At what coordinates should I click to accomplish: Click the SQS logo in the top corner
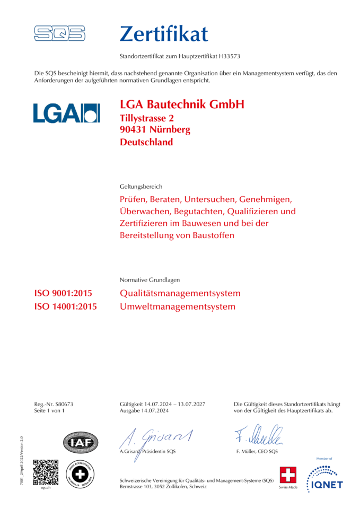coord(59,34)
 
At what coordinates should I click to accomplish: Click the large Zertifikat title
coord(164,33)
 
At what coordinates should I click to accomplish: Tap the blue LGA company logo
coord(66,112)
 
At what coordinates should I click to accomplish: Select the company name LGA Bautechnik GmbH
coord(182,104)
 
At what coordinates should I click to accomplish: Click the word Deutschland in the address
coord(146,142)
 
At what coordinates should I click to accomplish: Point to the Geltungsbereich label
coord(141,187)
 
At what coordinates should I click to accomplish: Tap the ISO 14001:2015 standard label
coord(65,306)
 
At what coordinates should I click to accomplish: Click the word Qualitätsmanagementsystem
coord(180,293)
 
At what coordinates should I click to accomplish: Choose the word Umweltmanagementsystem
coord(178,306)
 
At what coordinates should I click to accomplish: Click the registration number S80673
coord(64,404)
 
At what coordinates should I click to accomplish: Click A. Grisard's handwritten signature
coord(155,437)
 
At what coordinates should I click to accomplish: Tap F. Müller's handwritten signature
coord(259,436)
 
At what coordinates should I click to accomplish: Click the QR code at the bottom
coord(46,472)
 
